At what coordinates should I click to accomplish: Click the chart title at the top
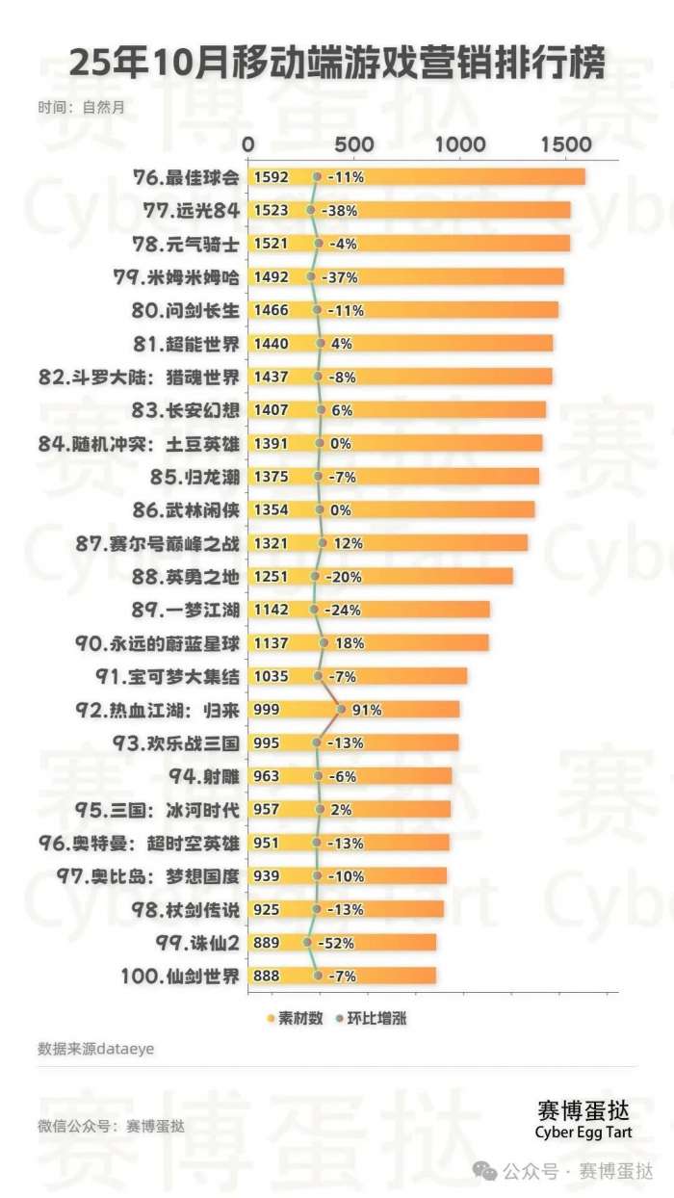337,65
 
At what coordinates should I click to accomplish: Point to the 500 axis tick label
355,143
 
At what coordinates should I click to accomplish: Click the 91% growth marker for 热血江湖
341,710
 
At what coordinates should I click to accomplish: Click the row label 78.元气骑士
190,244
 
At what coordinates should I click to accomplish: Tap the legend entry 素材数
293,1017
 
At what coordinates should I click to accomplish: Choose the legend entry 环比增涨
371,1017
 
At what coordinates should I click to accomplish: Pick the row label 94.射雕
205,776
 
